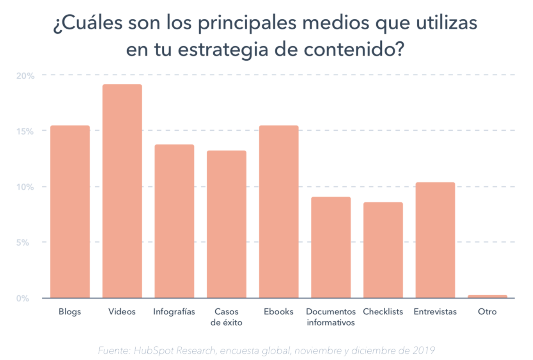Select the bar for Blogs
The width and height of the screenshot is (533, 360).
point(70,212)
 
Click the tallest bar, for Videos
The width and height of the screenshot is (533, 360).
point(122,191)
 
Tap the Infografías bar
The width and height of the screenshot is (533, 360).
point(174,221)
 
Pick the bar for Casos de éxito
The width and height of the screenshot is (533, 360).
point(226,224)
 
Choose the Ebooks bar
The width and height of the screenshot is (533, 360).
point(279,212)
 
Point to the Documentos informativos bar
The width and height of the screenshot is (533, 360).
point(331,248)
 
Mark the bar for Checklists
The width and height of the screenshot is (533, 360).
point(383,250)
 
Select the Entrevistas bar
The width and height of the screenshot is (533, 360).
point(435,240)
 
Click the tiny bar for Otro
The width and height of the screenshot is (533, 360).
point(487,296)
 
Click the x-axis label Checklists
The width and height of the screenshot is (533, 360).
point(383,312)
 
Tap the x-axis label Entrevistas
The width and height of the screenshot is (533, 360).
point(435,312)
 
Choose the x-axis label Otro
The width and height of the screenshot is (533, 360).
point(487,312)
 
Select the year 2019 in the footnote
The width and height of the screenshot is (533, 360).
point(424,351)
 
